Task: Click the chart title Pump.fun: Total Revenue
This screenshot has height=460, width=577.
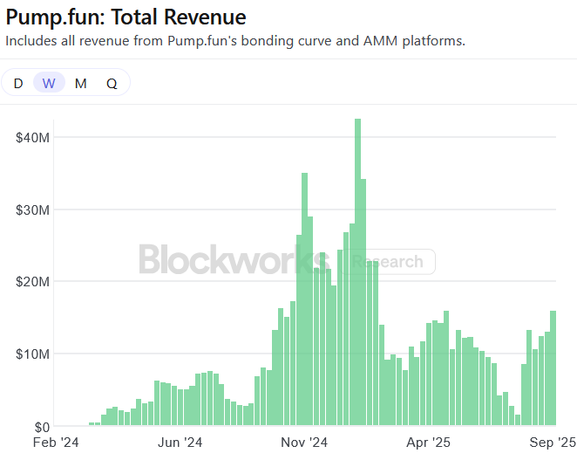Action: [126, 17]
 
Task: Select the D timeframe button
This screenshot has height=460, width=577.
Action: [18, 83]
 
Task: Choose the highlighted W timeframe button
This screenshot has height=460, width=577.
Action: [49, 83]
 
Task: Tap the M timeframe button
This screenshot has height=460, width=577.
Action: [80, 83]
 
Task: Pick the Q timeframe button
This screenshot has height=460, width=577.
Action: [112, 83]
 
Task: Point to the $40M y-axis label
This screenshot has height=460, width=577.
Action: [32, 137]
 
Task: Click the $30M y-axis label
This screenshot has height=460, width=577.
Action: [32, 209]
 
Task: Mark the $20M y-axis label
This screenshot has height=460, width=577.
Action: [32, 282]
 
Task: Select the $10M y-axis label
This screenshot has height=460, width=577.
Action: [32, 354]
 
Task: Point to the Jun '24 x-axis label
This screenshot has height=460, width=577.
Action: [180, 443]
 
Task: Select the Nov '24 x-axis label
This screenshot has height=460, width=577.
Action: [306, 443]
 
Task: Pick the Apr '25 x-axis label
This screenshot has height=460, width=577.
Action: [431, 443]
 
